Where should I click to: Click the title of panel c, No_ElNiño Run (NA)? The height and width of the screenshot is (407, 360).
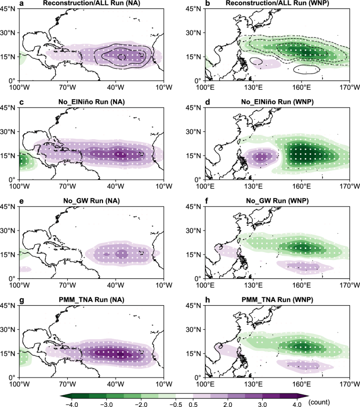pyautogui.click(x=91, y=102)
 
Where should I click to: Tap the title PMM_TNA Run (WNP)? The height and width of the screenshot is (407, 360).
pyautogui.click(x=277, y=299)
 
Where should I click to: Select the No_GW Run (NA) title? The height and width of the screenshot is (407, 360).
pyautogui.click(x=91, y=201)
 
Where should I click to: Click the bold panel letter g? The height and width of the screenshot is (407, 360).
pyautogui.click(x=22, y=300)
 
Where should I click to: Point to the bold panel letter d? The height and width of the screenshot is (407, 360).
pyautogui.click(x=208, y=102)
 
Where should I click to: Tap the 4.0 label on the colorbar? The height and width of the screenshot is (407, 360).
pyautogui.click(x=297, y=404)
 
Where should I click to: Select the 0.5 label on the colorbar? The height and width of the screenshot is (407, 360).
pyautogui.click(x=193, y=404)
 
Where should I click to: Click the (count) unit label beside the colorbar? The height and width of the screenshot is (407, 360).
pyautogui.click(x=319, y=402)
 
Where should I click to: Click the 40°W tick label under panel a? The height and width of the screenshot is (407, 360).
pyautogui.click(x=116, y=87)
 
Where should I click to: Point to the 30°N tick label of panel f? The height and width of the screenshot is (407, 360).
pyautogui.click(x=193, y=231)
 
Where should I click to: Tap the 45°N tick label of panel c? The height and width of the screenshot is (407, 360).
pyautogui.click(x=8, y=108)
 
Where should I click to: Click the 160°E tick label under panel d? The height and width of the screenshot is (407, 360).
pyautogui.click(x=301, y=186)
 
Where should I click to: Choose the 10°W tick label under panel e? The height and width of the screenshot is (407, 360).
pyautogui.click(x=164, y=285)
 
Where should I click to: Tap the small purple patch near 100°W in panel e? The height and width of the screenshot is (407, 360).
pyautogui.click(x=25, y=269)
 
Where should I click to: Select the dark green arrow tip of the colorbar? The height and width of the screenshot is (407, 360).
pyautogui.click(x=62, y=396)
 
